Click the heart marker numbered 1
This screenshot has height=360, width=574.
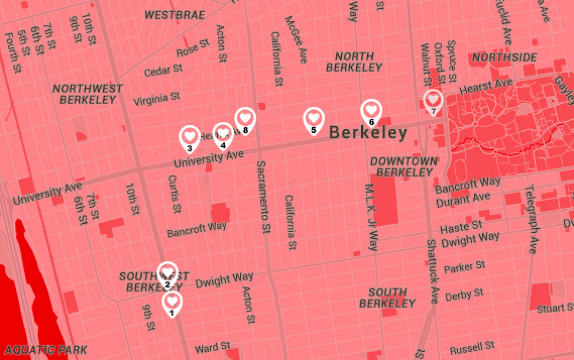[172, 302]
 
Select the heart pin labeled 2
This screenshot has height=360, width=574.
[167, 272]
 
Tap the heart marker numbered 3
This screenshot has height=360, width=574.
[189, 136]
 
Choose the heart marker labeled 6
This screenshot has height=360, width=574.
[371, 110]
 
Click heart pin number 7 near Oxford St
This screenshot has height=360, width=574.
[433, 100]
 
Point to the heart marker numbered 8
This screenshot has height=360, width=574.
[245, 119]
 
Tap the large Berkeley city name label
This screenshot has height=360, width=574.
[368, 133]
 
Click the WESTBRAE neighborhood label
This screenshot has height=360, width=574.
[175, 15]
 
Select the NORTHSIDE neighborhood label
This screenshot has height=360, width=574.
[504, 58]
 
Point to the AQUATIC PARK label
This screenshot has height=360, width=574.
[45, 349]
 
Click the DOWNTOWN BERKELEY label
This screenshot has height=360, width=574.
[403, 166]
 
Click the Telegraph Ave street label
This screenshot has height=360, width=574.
[531, 219]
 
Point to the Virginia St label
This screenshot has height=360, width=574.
[157, 99]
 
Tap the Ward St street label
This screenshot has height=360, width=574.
[212, 348]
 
